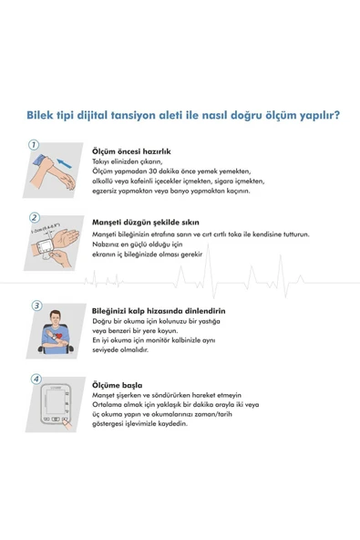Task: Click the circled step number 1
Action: click(x=34, y=145)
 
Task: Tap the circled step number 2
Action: click(x=34, y=218)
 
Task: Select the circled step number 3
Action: click(x=36, y=306)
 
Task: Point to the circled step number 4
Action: click(x=36, y=379)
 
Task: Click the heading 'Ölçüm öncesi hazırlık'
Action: click(x=131, y=151)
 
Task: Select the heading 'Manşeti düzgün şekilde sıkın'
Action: click(x=146, y=223)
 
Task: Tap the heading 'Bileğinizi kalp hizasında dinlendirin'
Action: click(x=159, y=311)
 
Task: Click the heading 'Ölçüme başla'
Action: click(x=117, y=385)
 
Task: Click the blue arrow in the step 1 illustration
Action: click(x=65, y=163)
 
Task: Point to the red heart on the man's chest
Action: click(x=59, y=335)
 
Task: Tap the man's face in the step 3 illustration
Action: click(x=55, y=317)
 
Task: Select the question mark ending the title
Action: click(x=336, y=115)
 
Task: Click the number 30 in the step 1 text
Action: click(x=153, y=171)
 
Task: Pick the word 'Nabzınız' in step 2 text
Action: click(x=104, y=244)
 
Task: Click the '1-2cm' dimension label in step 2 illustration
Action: click(x=37, y=230)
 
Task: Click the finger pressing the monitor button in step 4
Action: click(x=67, y=424)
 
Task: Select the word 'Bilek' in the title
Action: click(x=40, y=115)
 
